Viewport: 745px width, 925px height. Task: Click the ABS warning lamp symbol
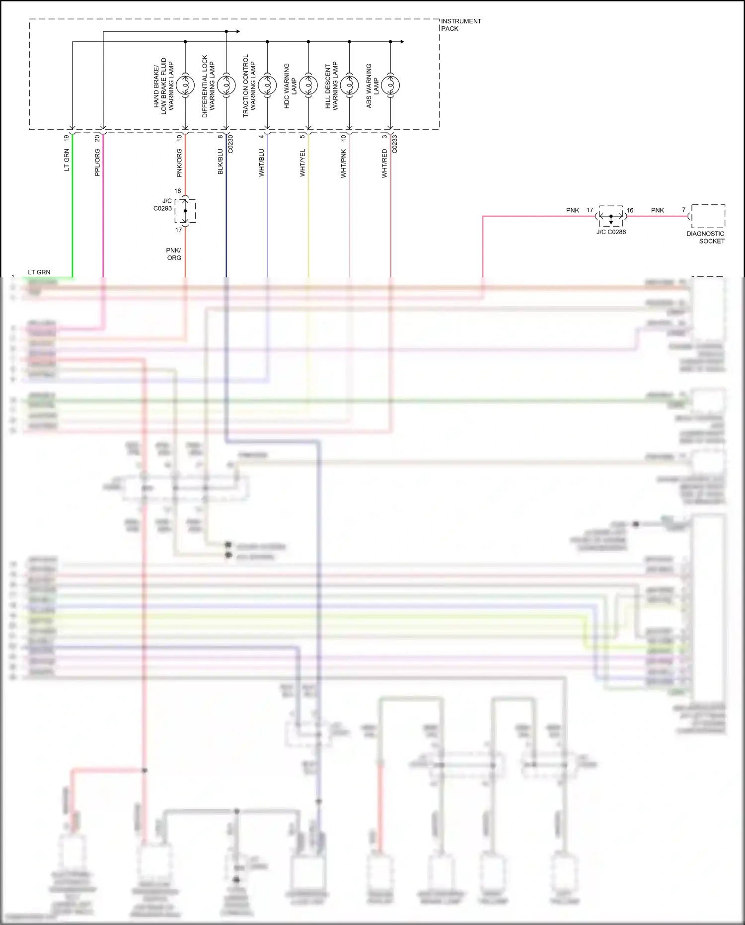pyautogui.click(x=390, y=85)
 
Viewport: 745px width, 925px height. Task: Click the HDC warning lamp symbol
pyautogui.click(x=308, y=85)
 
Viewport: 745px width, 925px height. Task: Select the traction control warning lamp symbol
pyautogui.click(x=267, y=85)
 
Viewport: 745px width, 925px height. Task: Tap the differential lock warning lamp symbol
pyautogui.click(x=226, y=85)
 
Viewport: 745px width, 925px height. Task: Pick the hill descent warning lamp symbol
pyautogui.click(x=349, y=85)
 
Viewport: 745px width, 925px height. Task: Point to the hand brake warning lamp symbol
pyautogui.click(x=185, y=85)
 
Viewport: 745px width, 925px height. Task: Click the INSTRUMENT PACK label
pyautogui.click(x=460, y=25)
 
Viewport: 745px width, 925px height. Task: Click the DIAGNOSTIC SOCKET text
pyautogui.click(x=706, y=237)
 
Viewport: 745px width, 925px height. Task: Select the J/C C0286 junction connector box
pyautogui.click(x=611, y=216)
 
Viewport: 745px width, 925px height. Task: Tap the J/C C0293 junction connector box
pyautogui.click(x=185, y=211)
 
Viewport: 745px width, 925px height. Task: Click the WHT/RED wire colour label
pyautogui.click(x=384, y=164)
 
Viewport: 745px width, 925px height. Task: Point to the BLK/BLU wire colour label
pyautogui.click(x=221, y=162)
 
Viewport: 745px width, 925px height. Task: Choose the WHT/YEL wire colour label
pyautogui.click(x=302, y=163)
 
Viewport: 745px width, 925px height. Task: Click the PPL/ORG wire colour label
pyautogui.click(x=97, y=162)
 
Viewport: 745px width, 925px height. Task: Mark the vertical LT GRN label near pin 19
pyautogui.click(x=67, y=160)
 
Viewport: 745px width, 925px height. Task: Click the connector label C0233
pyautogui.click(x=395, y=144)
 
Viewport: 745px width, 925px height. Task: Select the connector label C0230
pyautogui.click(x=231, y=144)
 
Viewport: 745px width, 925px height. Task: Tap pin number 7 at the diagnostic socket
pyautogui.click(x=684, y=210)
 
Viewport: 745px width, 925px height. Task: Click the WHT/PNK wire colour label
pyautogui.click(x=344, y=164)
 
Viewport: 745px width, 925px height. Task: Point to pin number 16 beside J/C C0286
pyautogui.click(x=630, y=210)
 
